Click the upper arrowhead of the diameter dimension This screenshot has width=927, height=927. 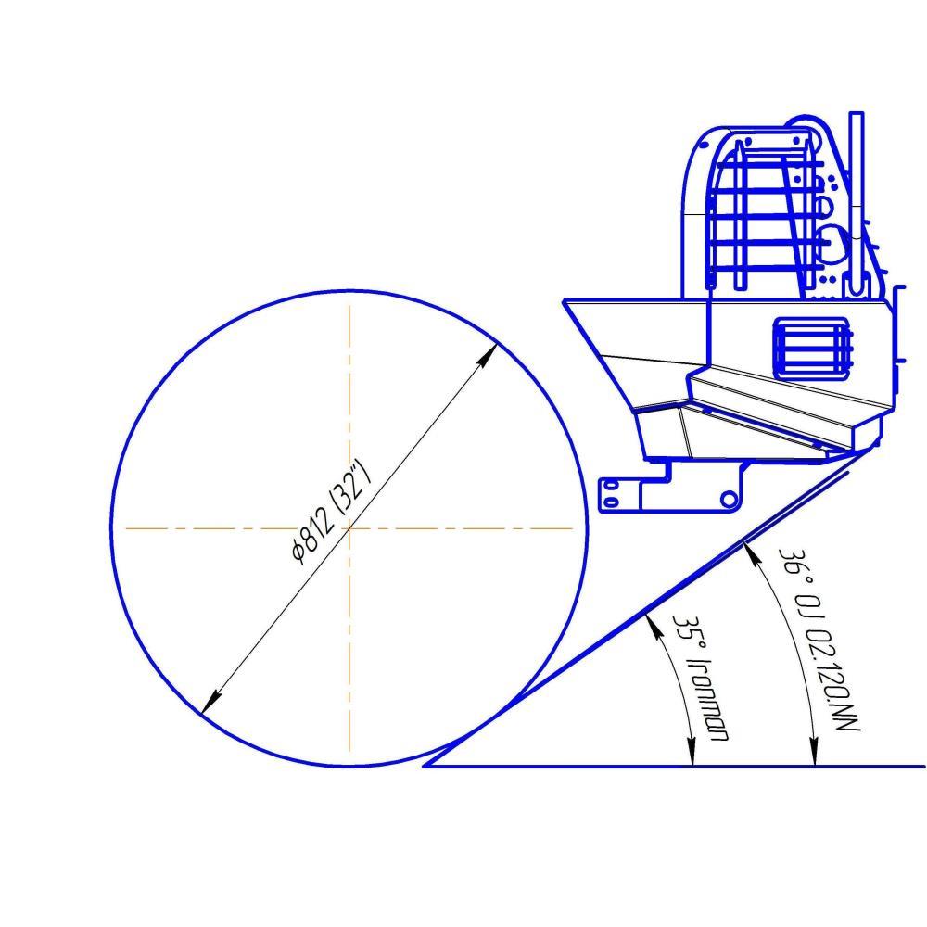[x=489, y=355]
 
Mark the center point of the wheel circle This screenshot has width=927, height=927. [x=349, y=528]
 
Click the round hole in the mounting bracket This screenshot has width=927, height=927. [x=729, y=499]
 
